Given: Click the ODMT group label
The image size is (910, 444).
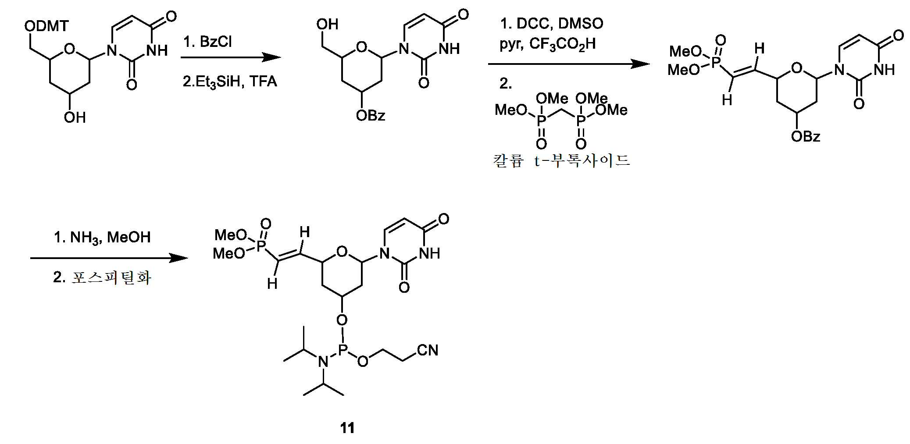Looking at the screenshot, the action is (46, 26).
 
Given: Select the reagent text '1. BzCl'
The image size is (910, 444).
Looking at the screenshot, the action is (207, 42).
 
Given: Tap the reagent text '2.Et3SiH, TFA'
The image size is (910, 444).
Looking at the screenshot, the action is (230, 82).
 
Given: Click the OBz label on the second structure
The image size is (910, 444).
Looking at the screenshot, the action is (371, 115).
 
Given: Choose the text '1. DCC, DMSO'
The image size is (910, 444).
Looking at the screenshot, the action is (552, 23).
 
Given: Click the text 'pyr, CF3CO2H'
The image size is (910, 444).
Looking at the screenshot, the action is (548, 44).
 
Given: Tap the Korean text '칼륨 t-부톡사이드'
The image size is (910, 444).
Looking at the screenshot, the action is (561, 160).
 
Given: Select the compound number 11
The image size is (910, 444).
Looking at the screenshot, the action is (347, 428).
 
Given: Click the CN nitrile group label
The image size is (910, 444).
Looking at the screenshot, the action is (428, 350).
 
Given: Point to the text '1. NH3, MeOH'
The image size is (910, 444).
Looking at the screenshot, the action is (102, 238).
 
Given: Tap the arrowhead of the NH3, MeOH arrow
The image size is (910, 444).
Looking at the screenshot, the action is (178, 258).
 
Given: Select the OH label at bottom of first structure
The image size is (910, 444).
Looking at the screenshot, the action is (75, 117).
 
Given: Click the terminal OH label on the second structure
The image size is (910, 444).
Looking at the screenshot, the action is (327, 24).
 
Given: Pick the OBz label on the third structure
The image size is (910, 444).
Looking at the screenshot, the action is (806, 136).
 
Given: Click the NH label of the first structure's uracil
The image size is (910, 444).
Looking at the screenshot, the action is (157, 50).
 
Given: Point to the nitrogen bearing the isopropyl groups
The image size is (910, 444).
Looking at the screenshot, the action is (323, 362).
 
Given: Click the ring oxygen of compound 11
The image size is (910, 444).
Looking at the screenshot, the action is (342, 252).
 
